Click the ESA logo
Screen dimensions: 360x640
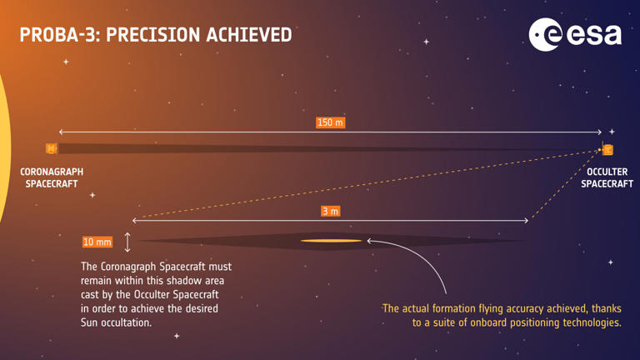(575, 33)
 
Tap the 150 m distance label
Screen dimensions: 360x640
(330, 122)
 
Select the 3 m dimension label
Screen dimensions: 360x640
(330, 212)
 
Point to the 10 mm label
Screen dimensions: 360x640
(97, 242)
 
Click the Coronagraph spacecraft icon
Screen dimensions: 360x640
(52, 149)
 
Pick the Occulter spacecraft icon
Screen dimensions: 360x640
(607, 150)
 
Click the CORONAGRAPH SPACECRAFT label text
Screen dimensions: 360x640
(52, 177)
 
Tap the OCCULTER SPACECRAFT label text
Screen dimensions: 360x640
(607, 177)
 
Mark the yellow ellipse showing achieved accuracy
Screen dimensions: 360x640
(331, 242)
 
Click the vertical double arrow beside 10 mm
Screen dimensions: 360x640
(127, 242)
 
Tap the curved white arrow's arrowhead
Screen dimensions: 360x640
(369, 242)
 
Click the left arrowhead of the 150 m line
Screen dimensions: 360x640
(60, 132)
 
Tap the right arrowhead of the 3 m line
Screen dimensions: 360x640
(527, 221)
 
